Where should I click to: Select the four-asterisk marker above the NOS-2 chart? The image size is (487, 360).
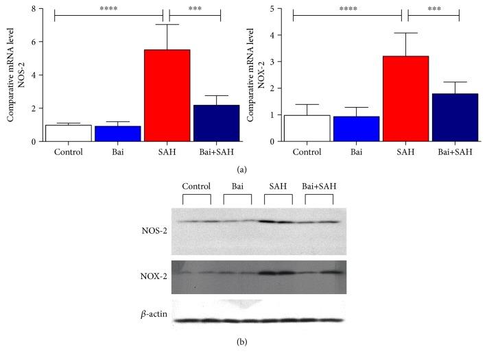(x=108, y=9)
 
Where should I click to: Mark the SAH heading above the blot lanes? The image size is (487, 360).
(x=278, y=186)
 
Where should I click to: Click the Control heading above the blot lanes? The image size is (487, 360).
(x=196, y=186)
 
